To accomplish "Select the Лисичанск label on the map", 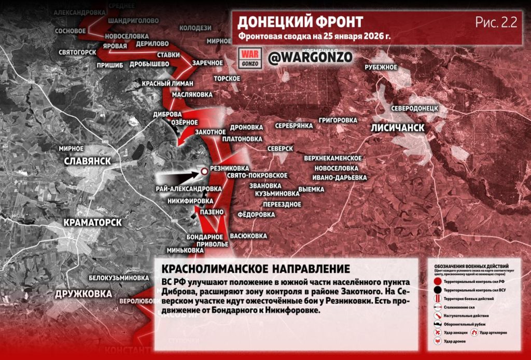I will point(398,128).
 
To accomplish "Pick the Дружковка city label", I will point(83,294).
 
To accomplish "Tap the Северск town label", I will point(281,148).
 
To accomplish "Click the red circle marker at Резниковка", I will point(204,171).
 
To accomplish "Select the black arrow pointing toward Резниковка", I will point(179,177).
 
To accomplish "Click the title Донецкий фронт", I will point(300,22).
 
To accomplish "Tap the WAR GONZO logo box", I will point(250,57).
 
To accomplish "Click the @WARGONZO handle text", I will point(310,57).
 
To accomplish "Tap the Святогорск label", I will point(77,52).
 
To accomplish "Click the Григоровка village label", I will point(338,120).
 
